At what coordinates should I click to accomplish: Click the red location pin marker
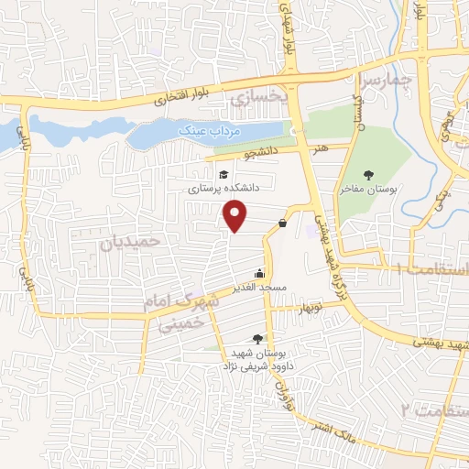point(235,216)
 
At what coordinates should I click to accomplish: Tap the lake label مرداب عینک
point(196,131)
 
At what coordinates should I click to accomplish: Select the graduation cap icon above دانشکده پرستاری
point(223,174)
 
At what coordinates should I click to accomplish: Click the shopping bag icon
point(282,223)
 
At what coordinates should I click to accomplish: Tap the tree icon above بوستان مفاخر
point(368,175)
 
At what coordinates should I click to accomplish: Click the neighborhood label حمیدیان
point(130,242)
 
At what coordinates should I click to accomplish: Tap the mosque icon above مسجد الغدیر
point(260,273)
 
